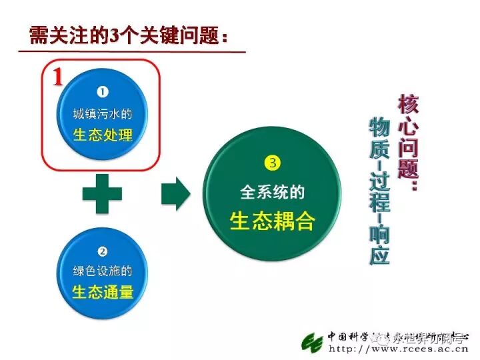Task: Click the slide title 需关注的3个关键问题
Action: (x=132, y=35)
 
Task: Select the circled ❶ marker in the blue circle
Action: (x=103, y=92)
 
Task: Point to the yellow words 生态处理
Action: (x=103, y=135)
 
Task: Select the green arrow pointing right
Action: (x=175, y=194)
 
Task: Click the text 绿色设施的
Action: (x=103, y=271)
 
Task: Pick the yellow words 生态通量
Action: (x=103, y=292)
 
